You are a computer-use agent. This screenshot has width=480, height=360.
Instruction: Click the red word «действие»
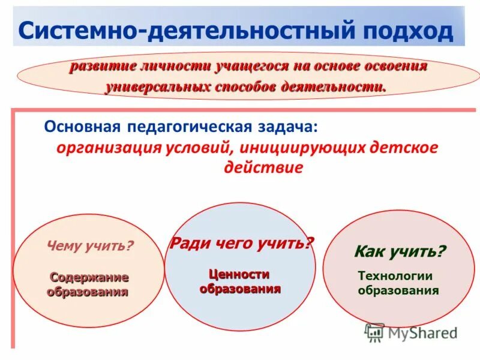pos(263,167)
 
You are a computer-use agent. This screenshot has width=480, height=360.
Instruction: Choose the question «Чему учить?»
pos(90,245)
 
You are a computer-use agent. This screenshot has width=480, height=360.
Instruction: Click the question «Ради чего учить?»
pos(242,243)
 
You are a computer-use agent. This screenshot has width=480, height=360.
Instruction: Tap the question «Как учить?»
pos(400,251)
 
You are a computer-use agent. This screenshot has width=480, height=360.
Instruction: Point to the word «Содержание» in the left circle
pos(89,277)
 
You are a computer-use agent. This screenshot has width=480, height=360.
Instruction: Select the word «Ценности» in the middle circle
pos(239,274)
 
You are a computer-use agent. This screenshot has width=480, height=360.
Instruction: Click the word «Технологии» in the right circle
pos(395,276)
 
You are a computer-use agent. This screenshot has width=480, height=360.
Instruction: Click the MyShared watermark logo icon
pos(375,332)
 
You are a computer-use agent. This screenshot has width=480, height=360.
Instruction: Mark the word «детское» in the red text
pos(402,148)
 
